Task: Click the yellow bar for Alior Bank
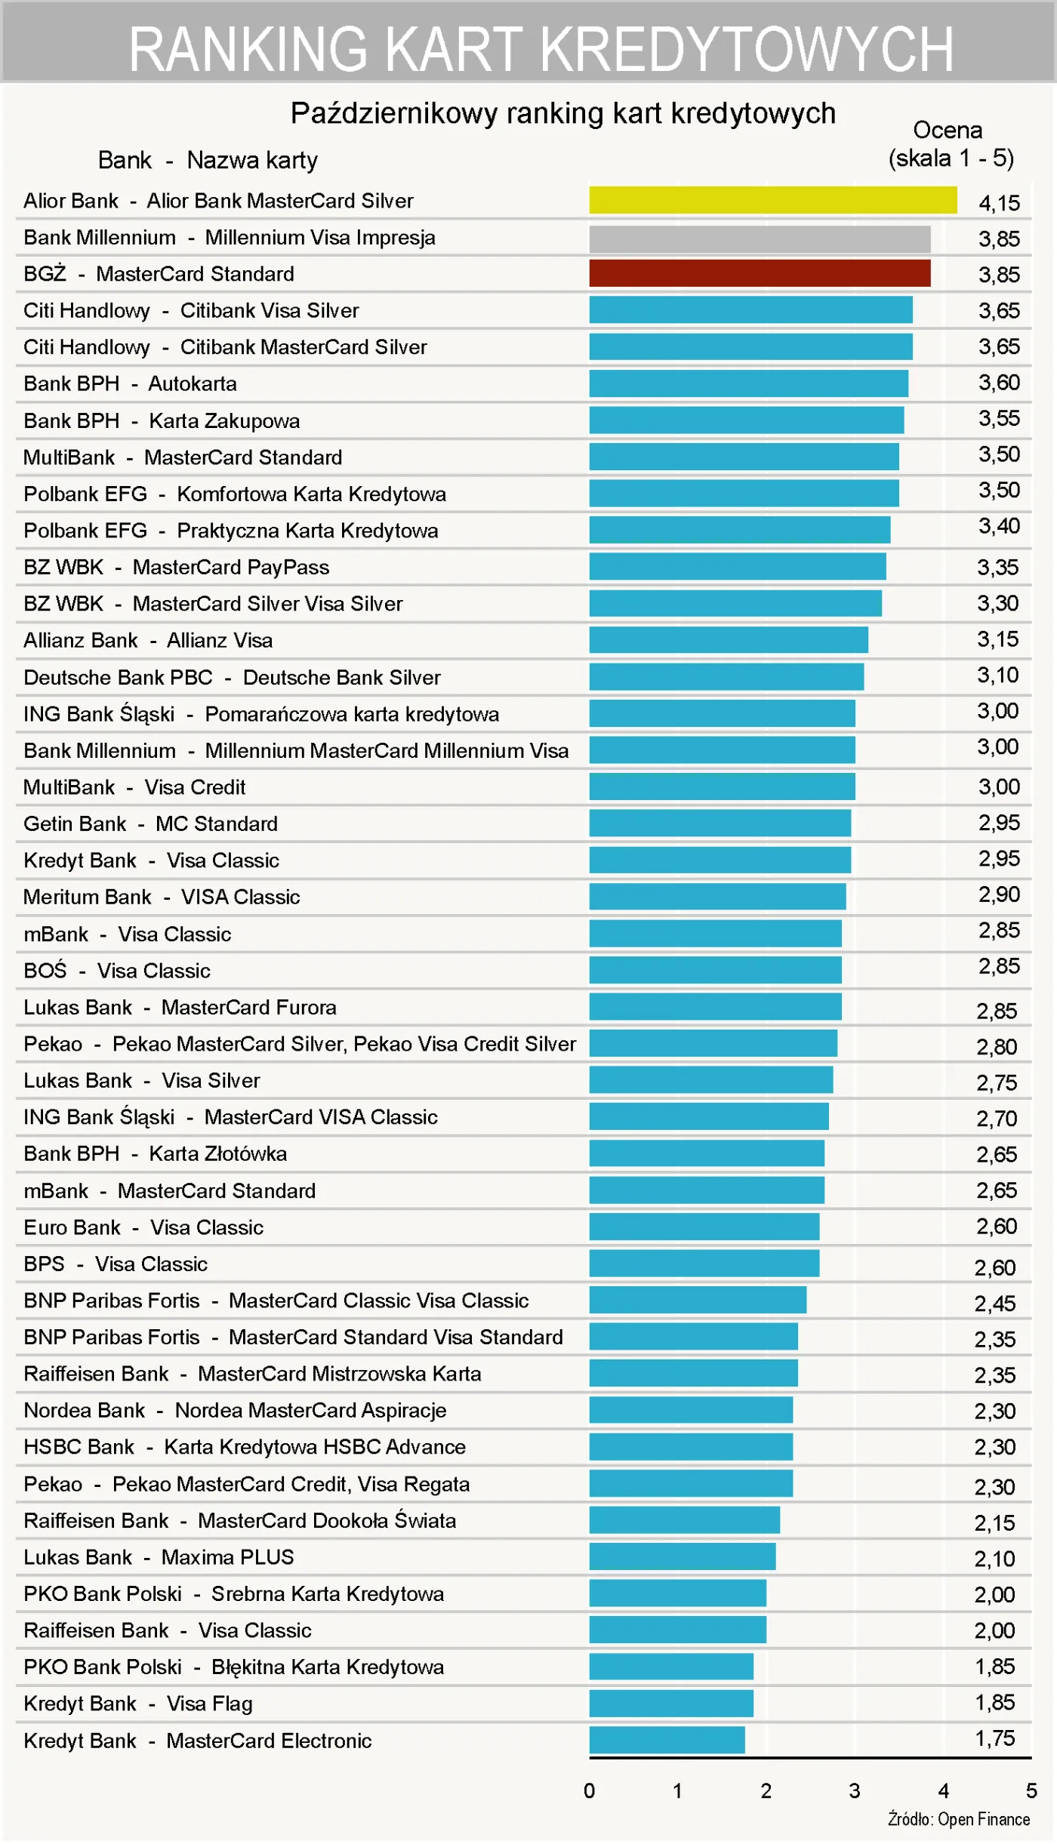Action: pos(772,200)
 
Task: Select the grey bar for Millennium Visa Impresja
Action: pos(759,239)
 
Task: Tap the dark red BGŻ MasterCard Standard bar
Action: pos(759,273)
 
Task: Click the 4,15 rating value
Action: pos(998,202)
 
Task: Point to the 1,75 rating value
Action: pos(994,1738)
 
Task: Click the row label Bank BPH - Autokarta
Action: pos(130,383)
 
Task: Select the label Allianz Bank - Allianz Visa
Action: pos(148,640)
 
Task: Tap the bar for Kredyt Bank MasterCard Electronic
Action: pos(667,1739)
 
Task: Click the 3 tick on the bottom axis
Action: pos(855,1790)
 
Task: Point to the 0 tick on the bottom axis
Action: pos(589,1790)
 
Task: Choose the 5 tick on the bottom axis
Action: pos(1031,1790)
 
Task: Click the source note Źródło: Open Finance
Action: pos(958,1819)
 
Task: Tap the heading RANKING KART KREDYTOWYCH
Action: pos(541,49)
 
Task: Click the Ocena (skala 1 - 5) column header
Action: pos(950,144)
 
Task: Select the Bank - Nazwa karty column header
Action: pos(208,160)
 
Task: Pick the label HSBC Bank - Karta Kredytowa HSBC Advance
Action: pos(245,1446)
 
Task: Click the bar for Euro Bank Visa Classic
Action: pos(704,1227)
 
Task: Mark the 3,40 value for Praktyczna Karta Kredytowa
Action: pos(998,525)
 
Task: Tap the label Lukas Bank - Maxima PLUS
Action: pos(159,1556)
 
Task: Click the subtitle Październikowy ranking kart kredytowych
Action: pos(563,113)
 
